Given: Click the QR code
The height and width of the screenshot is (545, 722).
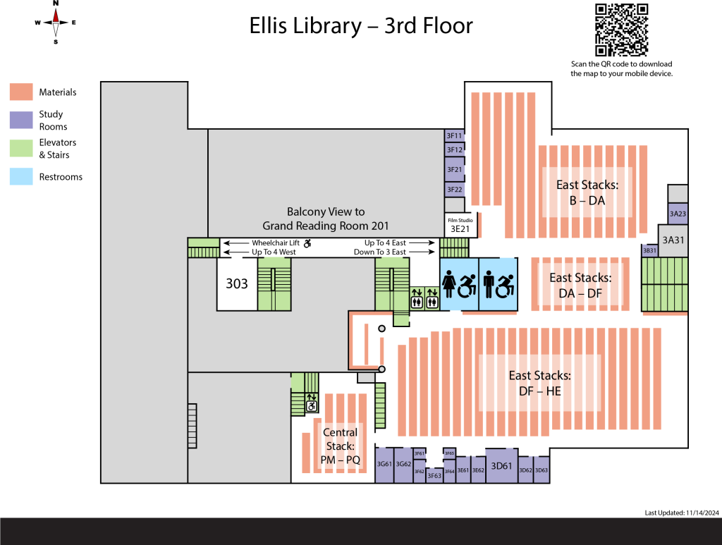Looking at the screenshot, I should point(621,30).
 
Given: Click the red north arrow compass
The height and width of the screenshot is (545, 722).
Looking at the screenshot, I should point(56,23).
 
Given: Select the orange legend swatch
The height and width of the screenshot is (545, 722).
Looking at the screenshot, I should point(21,92).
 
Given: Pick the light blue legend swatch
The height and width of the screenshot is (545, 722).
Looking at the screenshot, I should point(21,176).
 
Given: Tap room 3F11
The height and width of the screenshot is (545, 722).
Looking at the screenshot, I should point(454,135).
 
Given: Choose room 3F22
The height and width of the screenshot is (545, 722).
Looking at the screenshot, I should point(454,189).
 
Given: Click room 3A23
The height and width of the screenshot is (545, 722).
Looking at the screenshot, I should point(678,213).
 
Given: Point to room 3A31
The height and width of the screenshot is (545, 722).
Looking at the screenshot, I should point(673,240).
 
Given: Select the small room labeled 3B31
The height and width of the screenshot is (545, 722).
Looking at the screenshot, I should point(649,250).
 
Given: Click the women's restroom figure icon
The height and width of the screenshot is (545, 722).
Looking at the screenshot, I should point(449,285).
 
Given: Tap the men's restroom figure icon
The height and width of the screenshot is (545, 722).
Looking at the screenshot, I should point(489,285).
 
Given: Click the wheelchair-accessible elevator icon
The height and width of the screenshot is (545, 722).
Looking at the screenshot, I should point(311,403).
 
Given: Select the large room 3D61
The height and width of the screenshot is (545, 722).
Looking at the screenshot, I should point(501,465).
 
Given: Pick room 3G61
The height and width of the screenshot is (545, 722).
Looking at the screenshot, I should point(384,465).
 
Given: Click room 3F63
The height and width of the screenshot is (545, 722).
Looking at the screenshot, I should point(434,476).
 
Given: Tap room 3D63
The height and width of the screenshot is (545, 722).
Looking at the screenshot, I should point(541,470).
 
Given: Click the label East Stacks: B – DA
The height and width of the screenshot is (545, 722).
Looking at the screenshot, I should point(587,192).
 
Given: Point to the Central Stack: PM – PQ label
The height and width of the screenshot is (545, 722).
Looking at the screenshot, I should point(340,446).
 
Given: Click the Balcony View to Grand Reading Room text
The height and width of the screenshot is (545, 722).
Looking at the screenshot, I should point(326,219).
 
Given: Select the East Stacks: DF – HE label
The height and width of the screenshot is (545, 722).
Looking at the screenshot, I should point(539,383).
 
